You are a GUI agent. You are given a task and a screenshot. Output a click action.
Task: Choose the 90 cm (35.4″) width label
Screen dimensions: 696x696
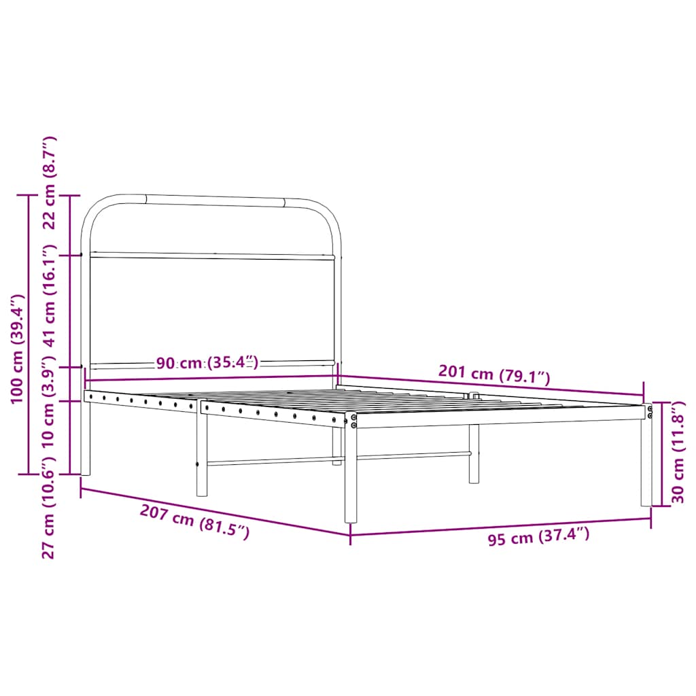coord(207,363)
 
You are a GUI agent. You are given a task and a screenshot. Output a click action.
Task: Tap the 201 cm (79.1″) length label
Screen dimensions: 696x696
coord(494,373)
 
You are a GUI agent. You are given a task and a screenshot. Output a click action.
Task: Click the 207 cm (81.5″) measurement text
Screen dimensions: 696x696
coord(194,522)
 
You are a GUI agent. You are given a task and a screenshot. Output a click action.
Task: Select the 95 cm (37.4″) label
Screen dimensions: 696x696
coord(538,537)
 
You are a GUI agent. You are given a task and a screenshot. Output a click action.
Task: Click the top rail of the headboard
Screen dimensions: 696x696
coord(214,200)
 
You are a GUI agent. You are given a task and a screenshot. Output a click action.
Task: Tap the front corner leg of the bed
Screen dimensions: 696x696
coord(351,476)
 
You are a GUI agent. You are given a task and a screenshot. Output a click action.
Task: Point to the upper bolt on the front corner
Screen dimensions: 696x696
coord(353,417)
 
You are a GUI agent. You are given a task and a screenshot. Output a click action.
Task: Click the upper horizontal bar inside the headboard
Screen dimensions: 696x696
coord(212,256)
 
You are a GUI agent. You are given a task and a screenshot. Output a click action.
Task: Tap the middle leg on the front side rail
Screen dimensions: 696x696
coord(201,455)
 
